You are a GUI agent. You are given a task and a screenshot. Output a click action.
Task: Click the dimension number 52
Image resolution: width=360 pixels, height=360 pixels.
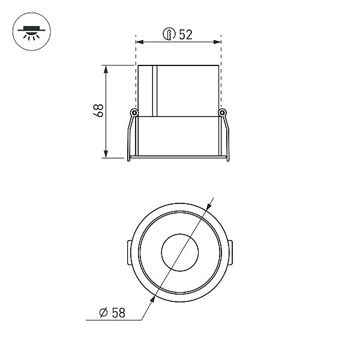click(185, 35)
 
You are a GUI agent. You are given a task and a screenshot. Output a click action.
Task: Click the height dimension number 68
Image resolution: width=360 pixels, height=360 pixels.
click(98, 110)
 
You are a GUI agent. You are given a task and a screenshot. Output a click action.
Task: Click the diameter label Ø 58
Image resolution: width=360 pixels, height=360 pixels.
click(112, 313)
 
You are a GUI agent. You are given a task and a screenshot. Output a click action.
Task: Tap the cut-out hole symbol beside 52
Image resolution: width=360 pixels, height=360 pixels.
click(169, 34)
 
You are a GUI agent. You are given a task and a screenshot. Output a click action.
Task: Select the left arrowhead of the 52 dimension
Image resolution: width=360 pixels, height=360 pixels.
click(140, 42)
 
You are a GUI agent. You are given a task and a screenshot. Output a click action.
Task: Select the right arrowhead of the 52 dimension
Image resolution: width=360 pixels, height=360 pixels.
click(217, 42)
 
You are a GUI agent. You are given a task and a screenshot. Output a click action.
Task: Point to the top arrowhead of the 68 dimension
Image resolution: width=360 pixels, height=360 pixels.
click(106, 70)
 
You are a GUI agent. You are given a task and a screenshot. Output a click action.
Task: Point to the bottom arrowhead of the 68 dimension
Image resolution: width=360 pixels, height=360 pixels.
click(106, 154)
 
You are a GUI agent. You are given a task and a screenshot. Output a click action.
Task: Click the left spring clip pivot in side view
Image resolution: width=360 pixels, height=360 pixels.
click(134, 113)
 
